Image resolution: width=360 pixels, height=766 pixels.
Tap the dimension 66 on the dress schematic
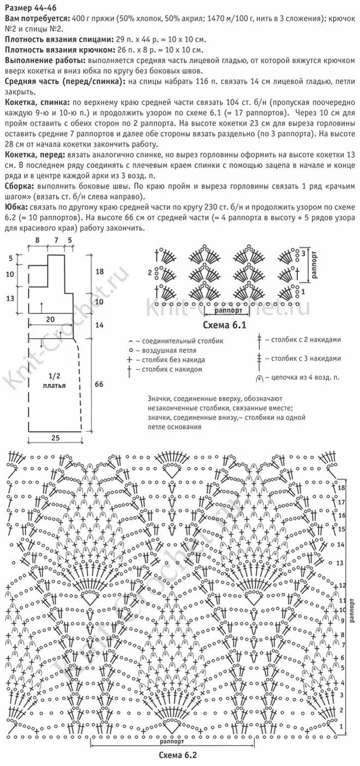tap(99, 384)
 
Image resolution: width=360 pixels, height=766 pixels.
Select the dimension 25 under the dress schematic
tap(56, 438)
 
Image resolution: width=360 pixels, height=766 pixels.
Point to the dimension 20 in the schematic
tap(50, 319)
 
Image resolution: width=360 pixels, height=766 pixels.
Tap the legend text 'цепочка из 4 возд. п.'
tap(305, 377)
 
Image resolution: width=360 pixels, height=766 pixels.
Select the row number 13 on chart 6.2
tap(340, 562)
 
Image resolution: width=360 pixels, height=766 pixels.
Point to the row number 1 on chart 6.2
tap(341, 727)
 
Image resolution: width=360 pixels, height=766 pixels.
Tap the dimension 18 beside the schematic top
tap(99, 271)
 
